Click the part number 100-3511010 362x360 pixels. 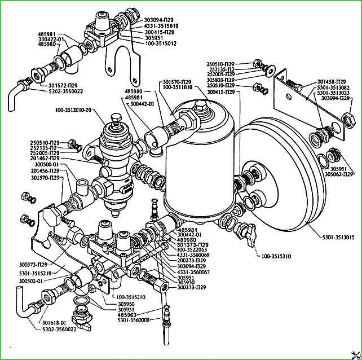click(179, 87)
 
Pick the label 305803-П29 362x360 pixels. click(221, 80)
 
